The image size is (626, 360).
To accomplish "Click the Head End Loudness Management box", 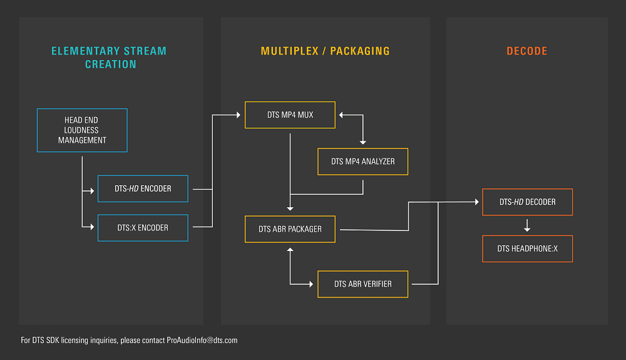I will (82, 130).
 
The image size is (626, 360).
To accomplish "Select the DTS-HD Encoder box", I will (143, 188).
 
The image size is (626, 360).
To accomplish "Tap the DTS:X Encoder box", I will (143, 228).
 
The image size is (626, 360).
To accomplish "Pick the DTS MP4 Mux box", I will (290, 115).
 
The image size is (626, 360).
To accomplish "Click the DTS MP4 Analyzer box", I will (363, 162).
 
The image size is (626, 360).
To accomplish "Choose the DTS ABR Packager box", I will (290, 229).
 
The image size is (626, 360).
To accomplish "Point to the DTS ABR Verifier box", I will (363, 284).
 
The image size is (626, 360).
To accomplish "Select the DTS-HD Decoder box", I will (527, 202).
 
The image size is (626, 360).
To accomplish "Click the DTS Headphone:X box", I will (527, 249).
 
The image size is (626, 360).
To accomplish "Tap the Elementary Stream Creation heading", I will (110, 58).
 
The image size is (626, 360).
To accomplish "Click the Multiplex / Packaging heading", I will (326, 51).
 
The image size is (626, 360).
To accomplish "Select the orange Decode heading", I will (527, 51).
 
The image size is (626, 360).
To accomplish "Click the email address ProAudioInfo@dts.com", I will (202, 341).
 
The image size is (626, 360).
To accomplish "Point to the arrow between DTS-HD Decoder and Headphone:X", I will (527, 225).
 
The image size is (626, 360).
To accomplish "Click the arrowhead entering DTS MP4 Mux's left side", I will (240, 115).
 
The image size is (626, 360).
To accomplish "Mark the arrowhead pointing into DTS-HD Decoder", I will (477, 202).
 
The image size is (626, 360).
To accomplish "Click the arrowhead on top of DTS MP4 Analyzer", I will (363, 143).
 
